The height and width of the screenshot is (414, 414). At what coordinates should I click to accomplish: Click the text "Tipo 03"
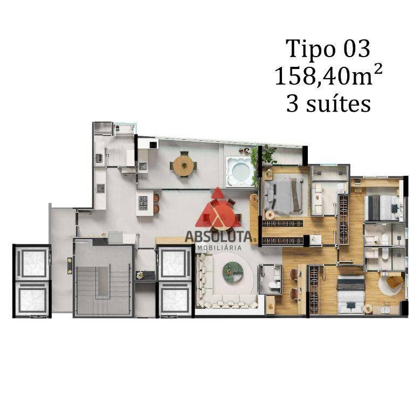(x=328, y=49)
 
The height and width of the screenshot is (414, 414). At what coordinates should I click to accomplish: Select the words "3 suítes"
(x=328, y=103)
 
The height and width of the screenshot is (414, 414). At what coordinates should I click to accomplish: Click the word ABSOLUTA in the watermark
(x=219, y=237)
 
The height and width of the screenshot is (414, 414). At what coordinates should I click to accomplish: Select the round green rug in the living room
(x=233, y=272)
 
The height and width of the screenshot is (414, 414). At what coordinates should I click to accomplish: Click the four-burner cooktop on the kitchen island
(x=143, y=203)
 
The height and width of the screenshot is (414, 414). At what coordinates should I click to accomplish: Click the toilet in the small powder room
(x=274, y=285)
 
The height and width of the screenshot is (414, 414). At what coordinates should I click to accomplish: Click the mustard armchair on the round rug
(x=395, y=281)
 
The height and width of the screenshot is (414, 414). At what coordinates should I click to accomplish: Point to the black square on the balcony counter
(x=154, y=144)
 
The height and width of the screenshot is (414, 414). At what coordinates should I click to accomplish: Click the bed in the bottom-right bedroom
(x=351, y=294)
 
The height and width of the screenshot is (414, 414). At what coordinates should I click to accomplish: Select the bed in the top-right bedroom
(x=382, y=208)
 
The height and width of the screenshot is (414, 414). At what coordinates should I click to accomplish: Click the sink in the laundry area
(x=99, y=158)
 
